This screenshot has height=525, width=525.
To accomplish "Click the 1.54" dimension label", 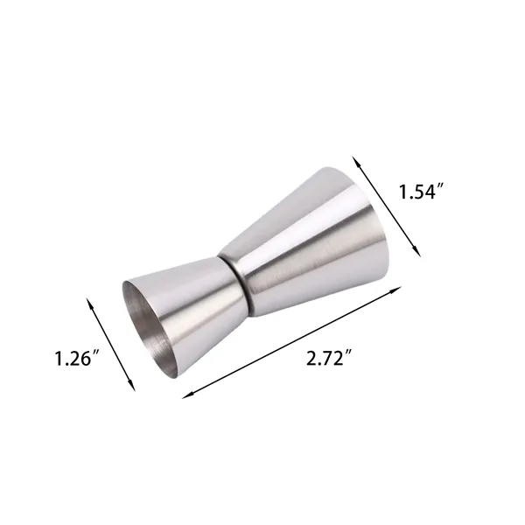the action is [421, 192].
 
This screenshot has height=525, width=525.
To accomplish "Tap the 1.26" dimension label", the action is [77, 358].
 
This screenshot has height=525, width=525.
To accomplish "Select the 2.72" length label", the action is [330, 358].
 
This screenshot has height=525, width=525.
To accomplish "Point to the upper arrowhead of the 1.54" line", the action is [357, 162].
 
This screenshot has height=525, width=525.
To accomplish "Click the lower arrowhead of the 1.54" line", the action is [416, 250].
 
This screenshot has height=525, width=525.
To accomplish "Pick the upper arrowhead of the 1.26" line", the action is [90, 304].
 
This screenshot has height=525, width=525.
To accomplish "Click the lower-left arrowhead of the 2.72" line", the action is [188, 395].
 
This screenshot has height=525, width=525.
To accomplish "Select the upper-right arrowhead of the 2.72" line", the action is [395, 290].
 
